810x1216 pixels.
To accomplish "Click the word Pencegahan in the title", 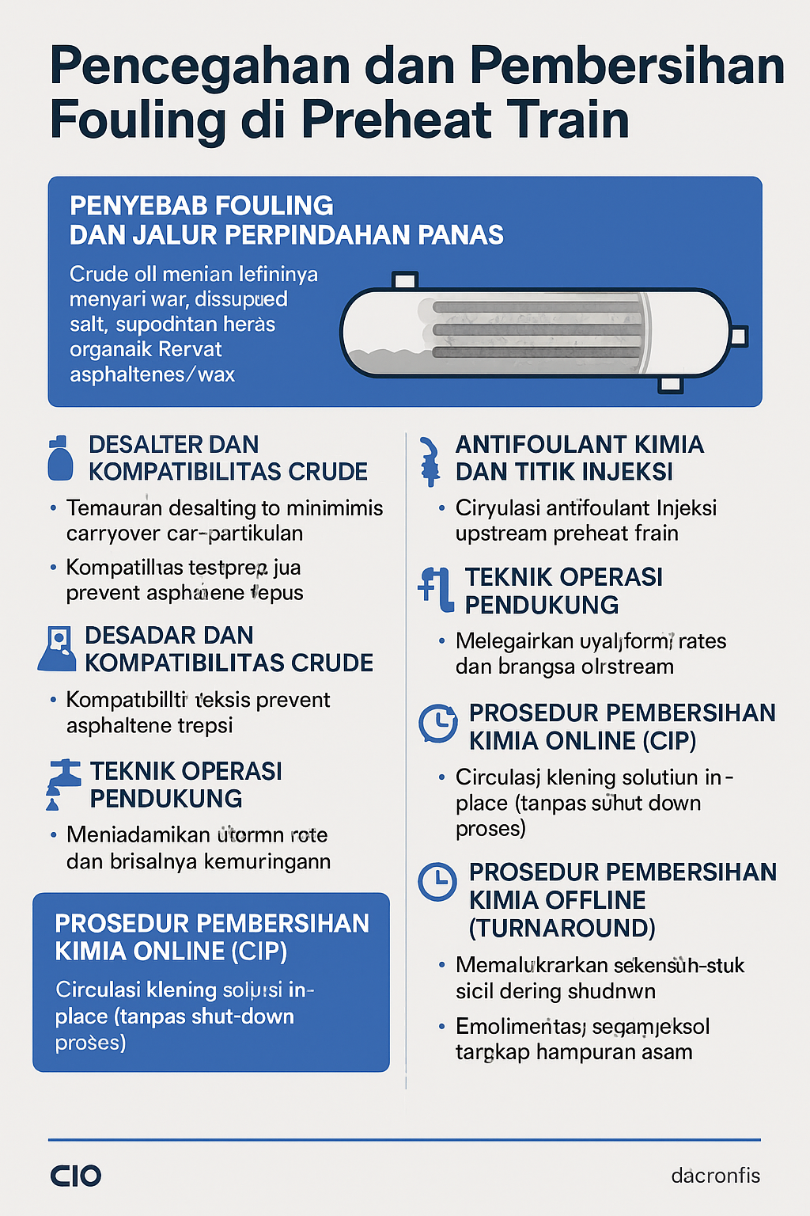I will pos(200,66).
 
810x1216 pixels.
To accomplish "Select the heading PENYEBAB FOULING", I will pos(202,206).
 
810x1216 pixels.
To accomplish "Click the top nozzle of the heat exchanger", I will pos(405,280).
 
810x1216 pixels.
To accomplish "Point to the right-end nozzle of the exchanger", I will pos(738,336).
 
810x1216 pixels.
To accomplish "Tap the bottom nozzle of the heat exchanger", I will pos(670,385).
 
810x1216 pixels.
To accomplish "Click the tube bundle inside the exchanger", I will pos(538,329).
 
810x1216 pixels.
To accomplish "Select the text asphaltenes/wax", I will pos(152,374).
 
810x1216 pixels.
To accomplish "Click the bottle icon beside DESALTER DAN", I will pos(60,458).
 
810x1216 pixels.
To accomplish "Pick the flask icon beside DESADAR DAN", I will pos(57,649).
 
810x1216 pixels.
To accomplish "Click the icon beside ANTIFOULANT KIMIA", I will pos(430,460).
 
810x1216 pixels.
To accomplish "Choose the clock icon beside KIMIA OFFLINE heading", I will pos(437,881).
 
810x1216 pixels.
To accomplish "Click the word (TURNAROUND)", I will pos(562,928).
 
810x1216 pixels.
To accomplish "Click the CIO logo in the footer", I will pos(76,1176).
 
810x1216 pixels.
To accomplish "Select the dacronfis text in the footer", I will pos(715,1176).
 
